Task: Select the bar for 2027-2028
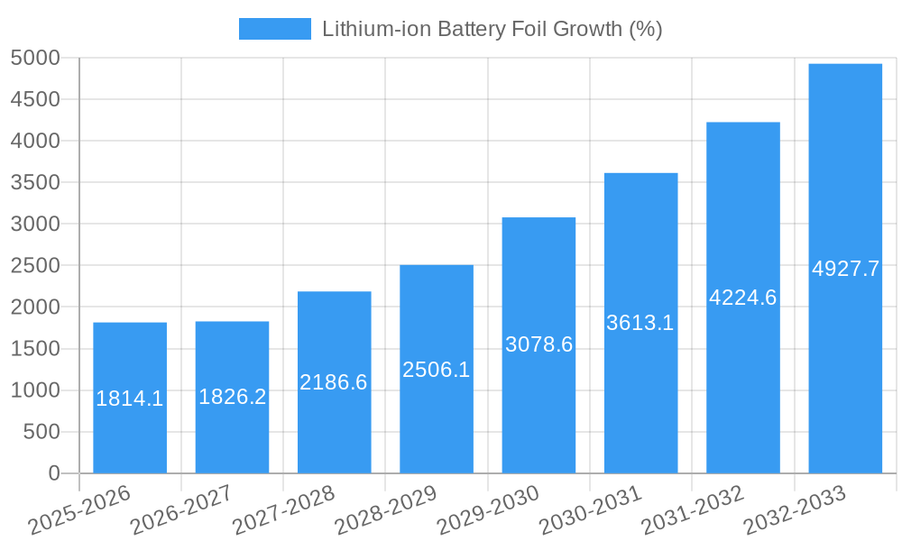click(334, 433)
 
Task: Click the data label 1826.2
click(232, 397)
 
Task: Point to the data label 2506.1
click(437, 370)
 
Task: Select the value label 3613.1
click(640, 323)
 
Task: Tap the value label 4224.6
click(743, 298)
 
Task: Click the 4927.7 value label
click(845, 269)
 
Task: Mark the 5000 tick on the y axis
click(35, 59)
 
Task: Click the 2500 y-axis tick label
click(35, 266)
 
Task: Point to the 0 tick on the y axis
click(53, 473)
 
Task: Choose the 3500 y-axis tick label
click(35, 183)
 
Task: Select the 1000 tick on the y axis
click(35, 390)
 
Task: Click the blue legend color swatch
click(274, 29)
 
